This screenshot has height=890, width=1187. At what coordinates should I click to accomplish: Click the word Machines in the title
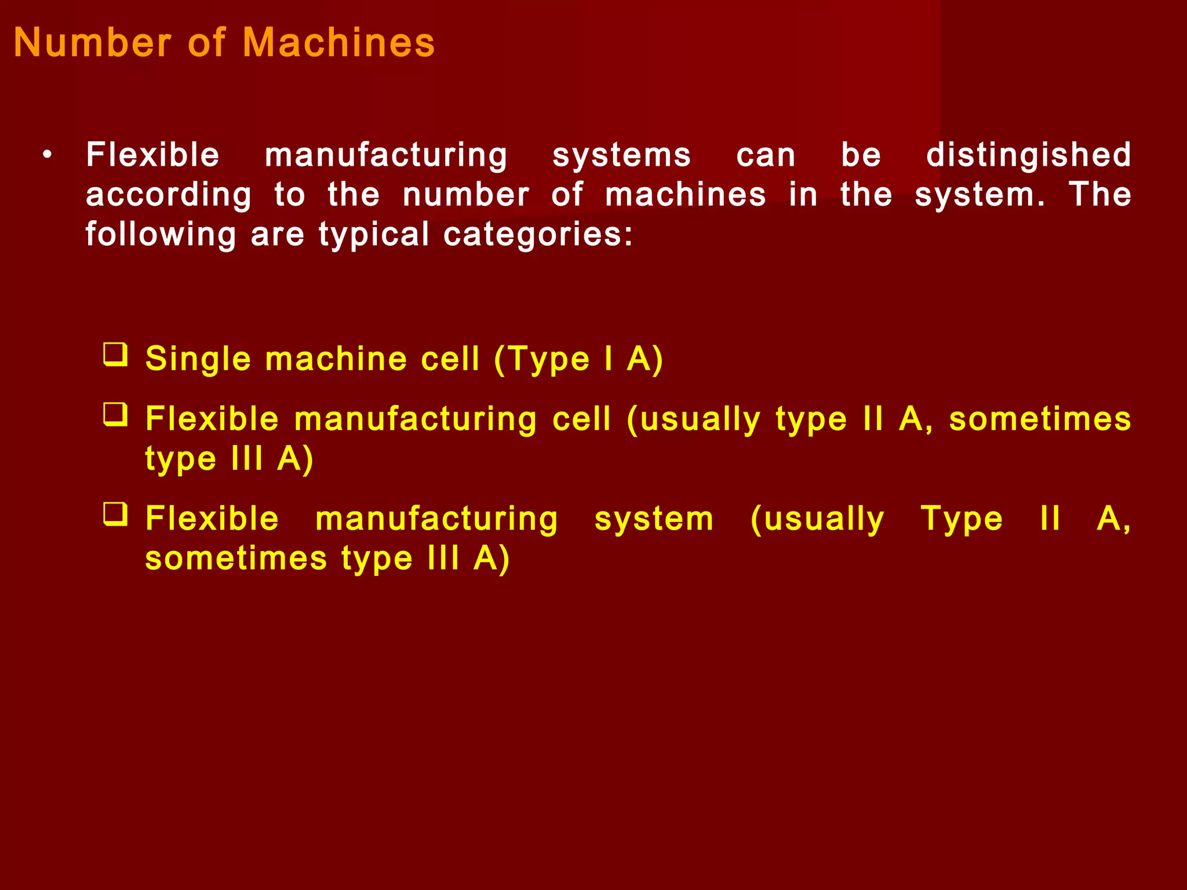pos(338,43)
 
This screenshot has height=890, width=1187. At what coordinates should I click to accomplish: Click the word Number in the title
pos(93,43)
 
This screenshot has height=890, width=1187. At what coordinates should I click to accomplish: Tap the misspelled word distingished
pos(1028,155)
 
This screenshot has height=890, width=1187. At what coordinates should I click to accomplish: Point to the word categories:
pos(538,235)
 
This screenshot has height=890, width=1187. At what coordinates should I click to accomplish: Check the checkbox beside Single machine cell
pos(116,355)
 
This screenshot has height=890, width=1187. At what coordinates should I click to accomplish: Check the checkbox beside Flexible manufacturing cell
pos(116,415)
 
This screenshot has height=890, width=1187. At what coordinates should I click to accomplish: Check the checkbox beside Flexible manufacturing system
pos(116,514)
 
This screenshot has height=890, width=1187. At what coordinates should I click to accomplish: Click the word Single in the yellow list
pos(198,359)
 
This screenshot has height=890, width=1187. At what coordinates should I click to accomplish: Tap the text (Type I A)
pos(578,359)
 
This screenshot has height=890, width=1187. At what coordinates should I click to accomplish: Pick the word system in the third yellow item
pos(654,519)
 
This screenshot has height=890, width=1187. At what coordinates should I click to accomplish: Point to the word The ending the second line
pos(1099,195)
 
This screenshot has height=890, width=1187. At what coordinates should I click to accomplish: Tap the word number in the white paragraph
pos(466,195)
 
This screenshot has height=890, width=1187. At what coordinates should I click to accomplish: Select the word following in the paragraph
pos(161,235)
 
